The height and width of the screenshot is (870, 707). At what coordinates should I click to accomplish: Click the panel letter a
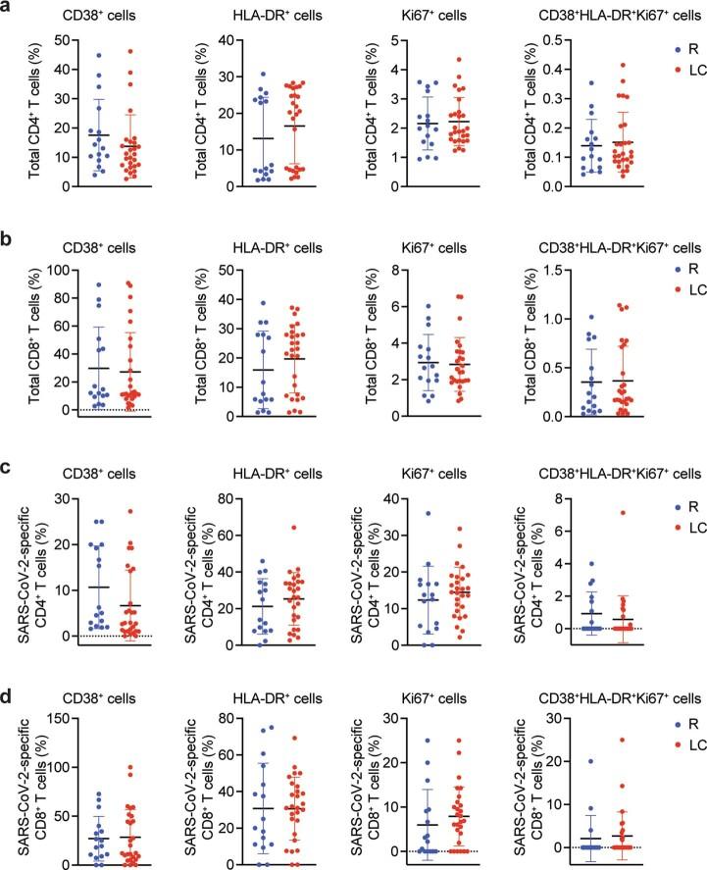[8, 9]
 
